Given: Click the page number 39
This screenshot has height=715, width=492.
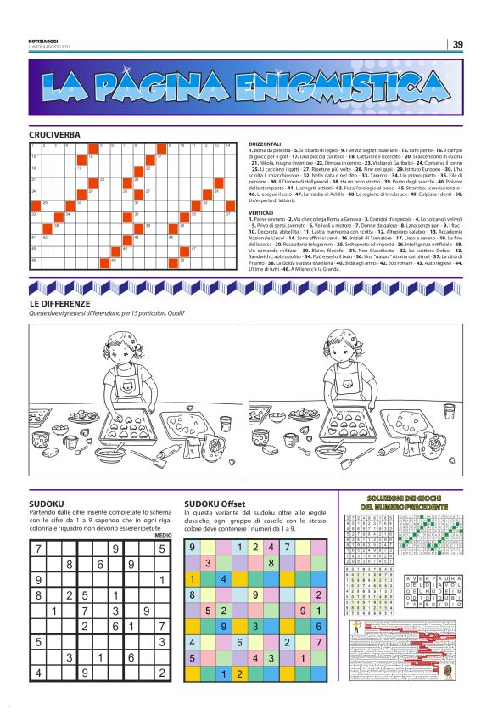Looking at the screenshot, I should (457, 45).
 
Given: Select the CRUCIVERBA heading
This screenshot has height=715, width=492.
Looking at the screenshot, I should (54, 135).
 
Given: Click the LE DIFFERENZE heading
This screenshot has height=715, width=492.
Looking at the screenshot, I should (60, 303).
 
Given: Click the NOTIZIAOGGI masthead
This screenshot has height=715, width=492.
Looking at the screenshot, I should (42, 42).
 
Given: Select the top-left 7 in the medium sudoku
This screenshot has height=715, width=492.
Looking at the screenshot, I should (38, 549).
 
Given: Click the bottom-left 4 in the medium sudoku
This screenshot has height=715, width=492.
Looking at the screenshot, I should (38, 673).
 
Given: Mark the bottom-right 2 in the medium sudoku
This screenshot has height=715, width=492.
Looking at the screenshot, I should (161, 673).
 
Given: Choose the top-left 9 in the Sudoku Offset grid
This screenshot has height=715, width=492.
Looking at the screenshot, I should (193, 548).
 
